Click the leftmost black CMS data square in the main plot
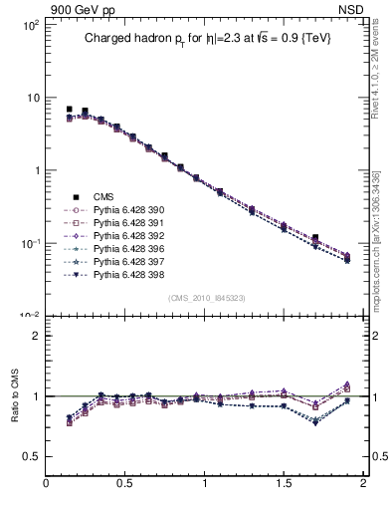(x=69, y=109)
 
